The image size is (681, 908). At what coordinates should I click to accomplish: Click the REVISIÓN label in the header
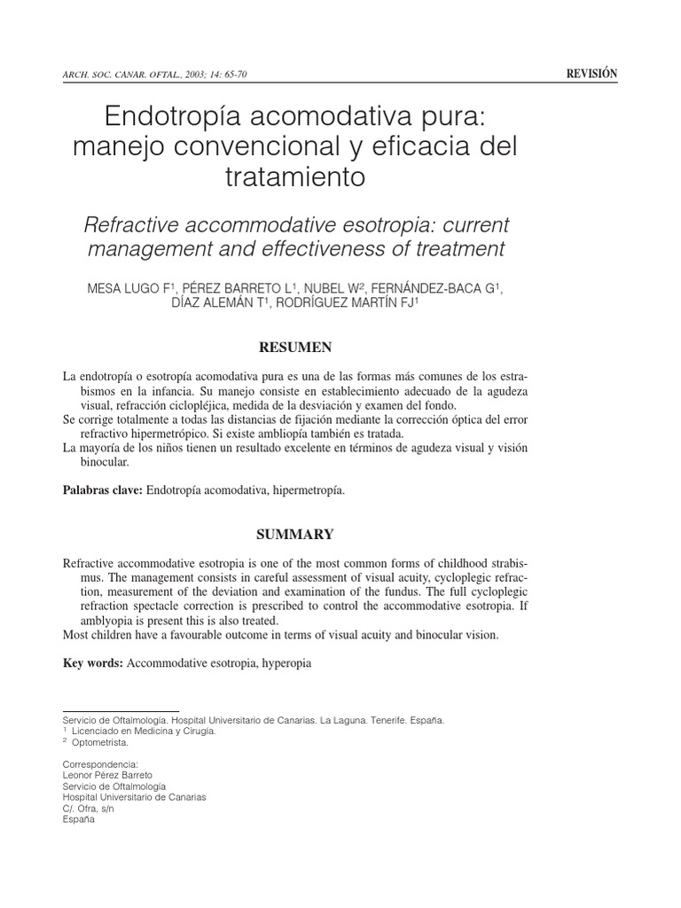pos(591,74)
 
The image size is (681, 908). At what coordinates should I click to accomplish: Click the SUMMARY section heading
pos(294,535)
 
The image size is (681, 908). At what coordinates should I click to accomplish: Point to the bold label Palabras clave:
pos(103,489)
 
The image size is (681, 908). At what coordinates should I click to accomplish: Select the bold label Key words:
pos(93,662)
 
